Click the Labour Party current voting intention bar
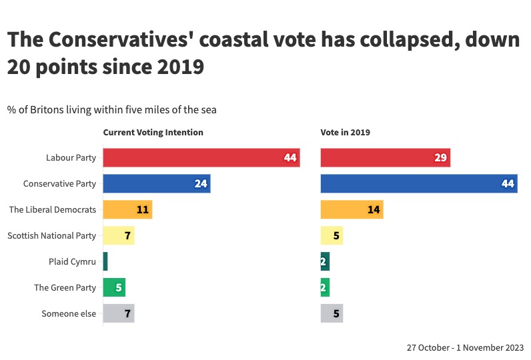coord(201,158)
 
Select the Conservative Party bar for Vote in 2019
coord(419,184)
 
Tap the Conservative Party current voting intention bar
coord(156,184)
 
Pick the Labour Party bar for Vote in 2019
coord(386,158)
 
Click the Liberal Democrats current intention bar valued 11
coord(127,210)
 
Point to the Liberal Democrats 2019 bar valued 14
coord(352,210)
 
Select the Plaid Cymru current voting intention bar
coord(105,261)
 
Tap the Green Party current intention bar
coord(114,287)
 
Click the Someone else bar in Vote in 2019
coord(332,313)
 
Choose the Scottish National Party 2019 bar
coord(332,235)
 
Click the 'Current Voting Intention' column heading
coord(153,133)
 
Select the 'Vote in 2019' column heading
coord(346,133)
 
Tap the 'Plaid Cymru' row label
coord(72,262)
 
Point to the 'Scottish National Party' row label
coord(51,236)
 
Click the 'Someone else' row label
coord(69,314)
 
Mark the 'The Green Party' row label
coord(65,288)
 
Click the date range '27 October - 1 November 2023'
coord(465,348)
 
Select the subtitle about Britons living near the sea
coord(112,109)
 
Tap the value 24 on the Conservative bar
coord(201,184)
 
